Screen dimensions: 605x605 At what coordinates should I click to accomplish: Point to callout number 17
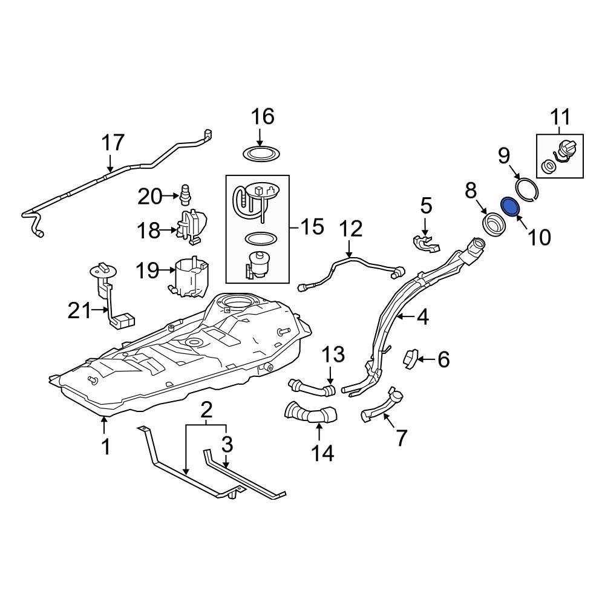(113, 143)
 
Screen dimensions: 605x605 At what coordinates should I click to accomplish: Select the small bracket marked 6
(411, 359)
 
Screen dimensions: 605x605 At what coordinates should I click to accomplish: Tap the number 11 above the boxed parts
(560, 116)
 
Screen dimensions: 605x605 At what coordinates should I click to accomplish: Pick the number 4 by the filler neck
(422, 316)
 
